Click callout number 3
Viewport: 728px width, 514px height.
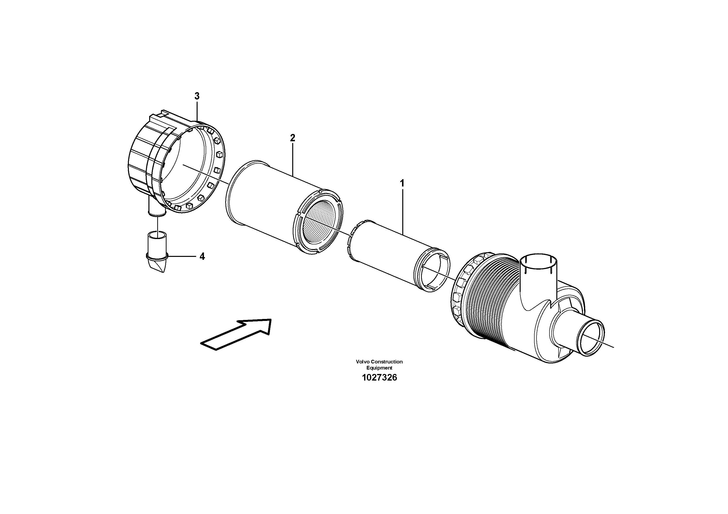197,96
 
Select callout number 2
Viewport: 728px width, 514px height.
292,138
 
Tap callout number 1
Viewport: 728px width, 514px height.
402,183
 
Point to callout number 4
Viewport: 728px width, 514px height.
202,256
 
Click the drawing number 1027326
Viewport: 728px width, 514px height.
379,378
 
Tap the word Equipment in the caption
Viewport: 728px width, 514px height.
379,368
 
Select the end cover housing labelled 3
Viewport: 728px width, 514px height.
174,165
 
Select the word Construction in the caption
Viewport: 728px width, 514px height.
387,361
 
